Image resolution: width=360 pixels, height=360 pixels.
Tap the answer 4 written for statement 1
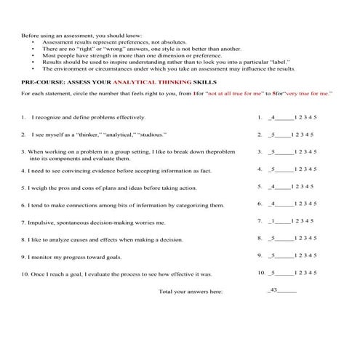(x=271, y=117)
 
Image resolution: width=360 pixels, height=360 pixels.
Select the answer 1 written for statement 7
(x=271, y=221)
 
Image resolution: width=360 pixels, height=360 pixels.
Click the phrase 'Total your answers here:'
(x=191, y=292)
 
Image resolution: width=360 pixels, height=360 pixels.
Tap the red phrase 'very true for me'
(x=308, y=95)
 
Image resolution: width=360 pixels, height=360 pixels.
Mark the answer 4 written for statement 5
(x=271, y=186)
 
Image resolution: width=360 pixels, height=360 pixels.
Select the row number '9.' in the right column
(x=260, y=255)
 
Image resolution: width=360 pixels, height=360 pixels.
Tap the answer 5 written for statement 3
(x=271, y=152)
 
